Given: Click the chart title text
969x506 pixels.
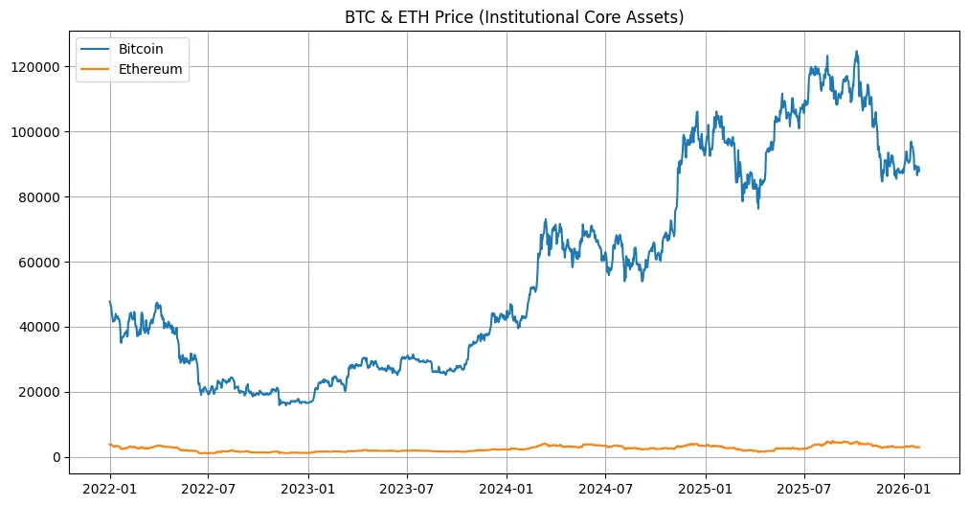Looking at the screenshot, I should (514, 16).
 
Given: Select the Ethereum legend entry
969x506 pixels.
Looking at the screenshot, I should (149, 69).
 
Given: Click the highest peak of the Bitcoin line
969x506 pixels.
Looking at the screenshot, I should (856, 52).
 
